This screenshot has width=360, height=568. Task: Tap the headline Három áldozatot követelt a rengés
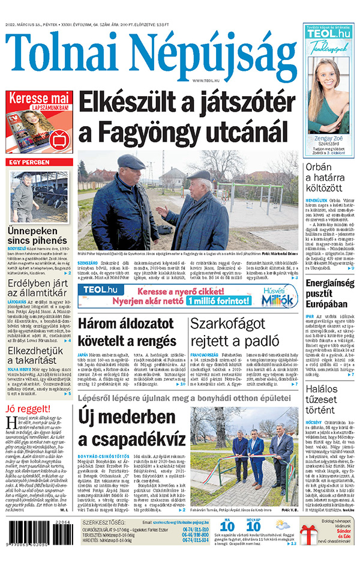pos(125,333)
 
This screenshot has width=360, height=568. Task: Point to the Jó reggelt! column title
pos(25,409)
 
